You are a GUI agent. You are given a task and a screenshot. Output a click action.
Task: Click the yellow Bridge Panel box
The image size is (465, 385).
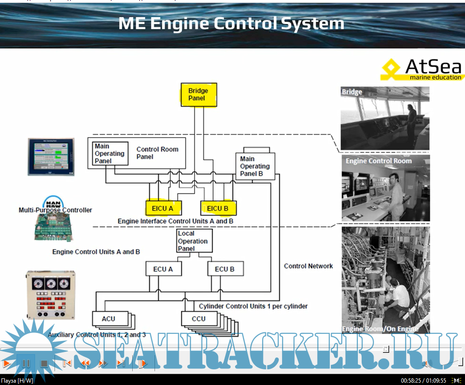click(x=198, y=95)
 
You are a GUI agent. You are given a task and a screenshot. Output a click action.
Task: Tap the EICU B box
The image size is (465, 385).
click(x=218, y=208)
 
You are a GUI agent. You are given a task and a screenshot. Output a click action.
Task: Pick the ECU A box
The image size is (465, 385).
click(x=163, y=269)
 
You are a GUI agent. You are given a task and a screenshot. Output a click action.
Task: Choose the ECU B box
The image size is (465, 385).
click(x=225, y=269)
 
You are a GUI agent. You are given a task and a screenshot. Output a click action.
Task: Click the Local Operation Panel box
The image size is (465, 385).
click(x=193, y=241)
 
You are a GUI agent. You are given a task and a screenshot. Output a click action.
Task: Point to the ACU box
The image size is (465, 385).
click(x=109, y=319)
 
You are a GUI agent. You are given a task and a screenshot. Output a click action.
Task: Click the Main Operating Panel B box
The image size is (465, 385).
click(x=255, y=166)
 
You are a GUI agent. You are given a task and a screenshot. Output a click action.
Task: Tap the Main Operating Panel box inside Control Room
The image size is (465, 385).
click(x=110, y=153)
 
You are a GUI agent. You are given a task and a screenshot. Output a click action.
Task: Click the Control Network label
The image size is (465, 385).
click(x=308, y=266)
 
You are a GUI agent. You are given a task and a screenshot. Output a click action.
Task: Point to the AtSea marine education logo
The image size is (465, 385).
click(x=421, y=70)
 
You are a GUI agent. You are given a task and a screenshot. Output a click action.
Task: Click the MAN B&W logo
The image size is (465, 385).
click(x=55, y=201)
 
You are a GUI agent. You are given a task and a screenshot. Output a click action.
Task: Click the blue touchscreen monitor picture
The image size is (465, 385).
click(x=51, y=157)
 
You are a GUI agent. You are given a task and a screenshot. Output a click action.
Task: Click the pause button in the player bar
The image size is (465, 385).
click(x=26, y=364)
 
